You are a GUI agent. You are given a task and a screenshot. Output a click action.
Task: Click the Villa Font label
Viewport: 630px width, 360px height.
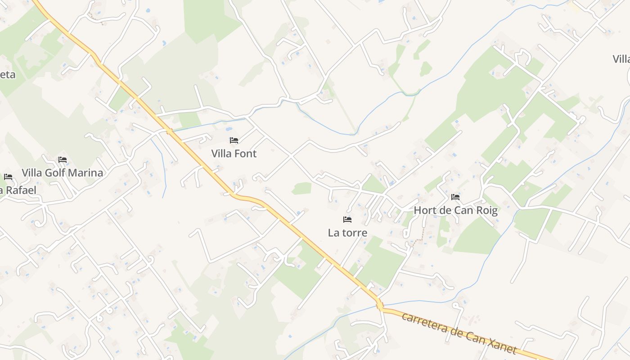[234, 153]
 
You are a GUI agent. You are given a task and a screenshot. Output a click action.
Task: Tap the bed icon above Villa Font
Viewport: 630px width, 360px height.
[234, 140]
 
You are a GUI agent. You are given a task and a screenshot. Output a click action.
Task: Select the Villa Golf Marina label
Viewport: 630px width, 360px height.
[63, 173]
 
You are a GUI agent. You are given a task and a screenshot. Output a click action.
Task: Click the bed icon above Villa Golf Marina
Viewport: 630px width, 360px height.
[63, 160]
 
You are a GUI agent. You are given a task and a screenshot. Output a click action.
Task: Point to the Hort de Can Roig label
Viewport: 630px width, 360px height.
[455, 210]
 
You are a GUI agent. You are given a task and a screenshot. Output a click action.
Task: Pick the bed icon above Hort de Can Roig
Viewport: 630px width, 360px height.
[455, 197]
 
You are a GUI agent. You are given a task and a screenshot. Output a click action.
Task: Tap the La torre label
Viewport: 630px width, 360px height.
[347, 233]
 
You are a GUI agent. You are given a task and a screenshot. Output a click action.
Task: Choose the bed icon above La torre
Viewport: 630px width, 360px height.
[347, 220]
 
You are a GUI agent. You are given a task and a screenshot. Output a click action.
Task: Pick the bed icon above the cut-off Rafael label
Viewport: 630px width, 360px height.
[8, 177]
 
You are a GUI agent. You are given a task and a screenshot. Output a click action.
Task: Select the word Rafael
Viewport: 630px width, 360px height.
[20, 190]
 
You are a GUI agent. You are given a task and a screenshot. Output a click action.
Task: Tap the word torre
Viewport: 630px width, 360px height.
[354, 233]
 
